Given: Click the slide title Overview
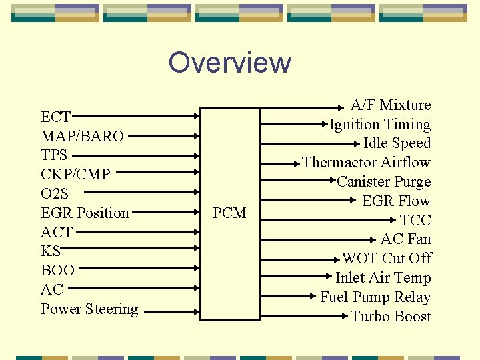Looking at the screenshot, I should click(x=230, y=63).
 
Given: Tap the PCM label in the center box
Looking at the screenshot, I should click(x=229, y=213).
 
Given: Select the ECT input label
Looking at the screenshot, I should click(x=55, y=117).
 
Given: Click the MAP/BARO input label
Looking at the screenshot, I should click(x=82, y=137).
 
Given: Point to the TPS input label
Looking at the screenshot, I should click(x=54, y=155).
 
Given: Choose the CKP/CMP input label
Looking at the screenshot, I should click(x=75, y=175).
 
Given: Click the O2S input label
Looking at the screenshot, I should click(x=55, y=194).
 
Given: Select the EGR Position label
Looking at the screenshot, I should click(x=85, y=213).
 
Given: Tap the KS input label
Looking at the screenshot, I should click(x=51, y=251).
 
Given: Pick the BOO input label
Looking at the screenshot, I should click(x=57, y=271).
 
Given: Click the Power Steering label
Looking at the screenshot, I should click(x=89, y=309).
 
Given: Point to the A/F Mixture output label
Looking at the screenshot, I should click(x=391, y=105).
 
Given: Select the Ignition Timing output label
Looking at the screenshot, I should click(x=380, y=125).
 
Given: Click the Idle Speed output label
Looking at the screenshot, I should click(x=397, y=143).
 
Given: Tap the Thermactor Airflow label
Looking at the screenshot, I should click(x=366, y=163).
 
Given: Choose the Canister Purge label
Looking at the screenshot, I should click(x=383, y=182).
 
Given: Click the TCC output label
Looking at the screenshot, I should click(x=415, y=221).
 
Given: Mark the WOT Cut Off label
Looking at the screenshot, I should click(x=387, y=259).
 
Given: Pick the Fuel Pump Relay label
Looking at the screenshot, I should click(x=375, y=297).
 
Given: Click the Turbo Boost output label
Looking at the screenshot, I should click(x=391, y=317).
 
